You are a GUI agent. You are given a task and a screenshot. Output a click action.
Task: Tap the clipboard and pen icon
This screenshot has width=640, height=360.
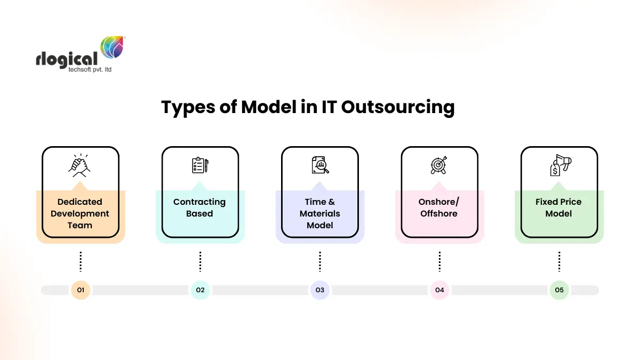tap(200, 165)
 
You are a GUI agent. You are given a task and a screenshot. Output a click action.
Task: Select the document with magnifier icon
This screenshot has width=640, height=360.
tap(320, 165)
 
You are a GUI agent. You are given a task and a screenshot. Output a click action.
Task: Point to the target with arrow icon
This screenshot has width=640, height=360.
tap(439, 165)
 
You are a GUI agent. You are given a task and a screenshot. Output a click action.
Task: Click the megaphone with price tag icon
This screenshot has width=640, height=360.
tap(558, 165)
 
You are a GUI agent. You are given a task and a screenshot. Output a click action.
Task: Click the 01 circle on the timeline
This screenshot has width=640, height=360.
tap(81, 290)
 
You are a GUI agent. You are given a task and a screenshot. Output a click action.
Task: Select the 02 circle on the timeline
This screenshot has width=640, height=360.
tap(200, 290)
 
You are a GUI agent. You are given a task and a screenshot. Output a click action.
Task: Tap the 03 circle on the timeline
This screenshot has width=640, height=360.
tap(319, 290)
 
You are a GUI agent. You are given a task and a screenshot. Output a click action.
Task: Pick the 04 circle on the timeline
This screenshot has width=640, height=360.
tap(439, 290)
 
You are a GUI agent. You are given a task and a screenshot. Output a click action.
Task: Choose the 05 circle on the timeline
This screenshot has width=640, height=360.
tap(559, 290)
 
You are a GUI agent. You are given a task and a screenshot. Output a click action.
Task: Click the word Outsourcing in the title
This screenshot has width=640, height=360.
tap(397, 107)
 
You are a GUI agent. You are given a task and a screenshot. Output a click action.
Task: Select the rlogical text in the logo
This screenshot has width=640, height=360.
tap(66, 59)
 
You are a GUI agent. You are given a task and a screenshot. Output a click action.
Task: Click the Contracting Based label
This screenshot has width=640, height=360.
tap(199, 207)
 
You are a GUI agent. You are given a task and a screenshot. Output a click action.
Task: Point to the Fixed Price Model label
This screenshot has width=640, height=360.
tap(558, 207)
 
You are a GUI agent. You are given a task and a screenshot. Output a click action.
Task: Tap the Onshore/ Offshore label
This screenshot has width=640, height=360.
tap(439, 207)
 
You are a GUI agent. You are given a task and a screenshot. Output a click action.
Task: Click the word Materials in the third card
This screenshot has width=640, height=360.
tap(319, 213)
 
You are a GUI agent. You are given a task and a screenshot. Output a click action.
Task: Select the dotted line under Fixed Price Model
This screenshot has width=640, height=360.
tap(559, 261)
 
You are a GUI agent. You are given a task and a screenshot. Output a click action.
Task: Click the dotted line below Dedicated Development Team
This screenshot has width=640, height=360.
tap(81, 261)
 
